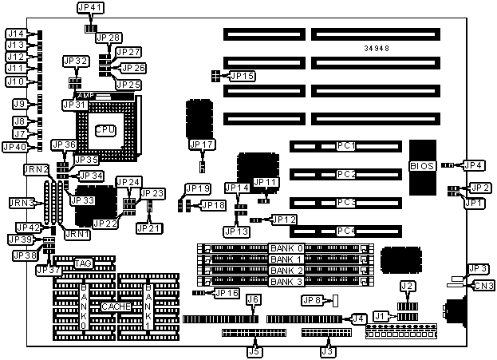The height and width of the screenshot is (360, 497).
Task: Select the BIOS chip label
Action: tap(422, 166)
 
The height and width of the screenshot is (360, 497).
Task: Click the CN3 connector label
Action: tap(483, 285)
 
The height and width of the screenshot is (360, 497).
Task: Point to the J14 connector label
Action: tap(16, 34)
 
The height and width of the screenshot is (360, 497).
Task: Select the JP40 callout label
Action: tap(15, 146)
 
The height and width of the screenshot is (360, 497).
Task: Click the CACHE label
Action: tap(114, 307)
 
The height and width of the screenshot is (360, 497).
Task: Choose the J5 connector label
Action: tap(254, 350)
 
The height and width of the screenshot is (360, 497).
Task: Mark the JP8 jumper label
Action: tap(312, 300)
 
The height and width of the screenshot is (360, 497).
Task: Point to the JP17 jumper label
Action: tap(202, 144)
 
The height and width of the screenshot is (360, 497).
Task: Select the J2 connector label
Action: tap(408, 286)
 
